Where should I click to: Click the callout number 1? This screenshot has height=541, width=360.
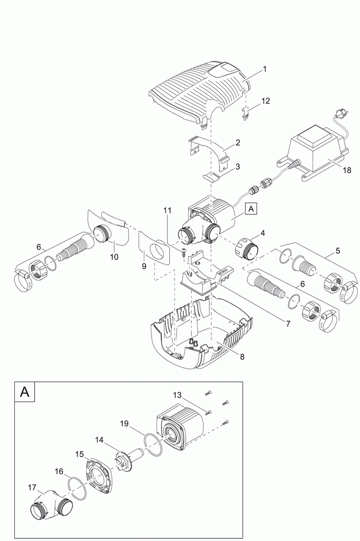265,69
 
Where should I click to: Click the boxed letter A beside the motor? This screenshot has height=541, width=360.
250,209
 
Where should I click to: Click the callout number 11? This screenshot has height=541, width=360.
167,211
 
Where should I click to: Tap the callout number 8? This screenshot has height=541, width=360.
242,357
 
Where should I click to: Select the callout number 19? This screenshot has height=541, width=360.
125,423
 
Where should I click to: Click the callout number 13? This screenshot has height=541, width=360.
177,395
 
